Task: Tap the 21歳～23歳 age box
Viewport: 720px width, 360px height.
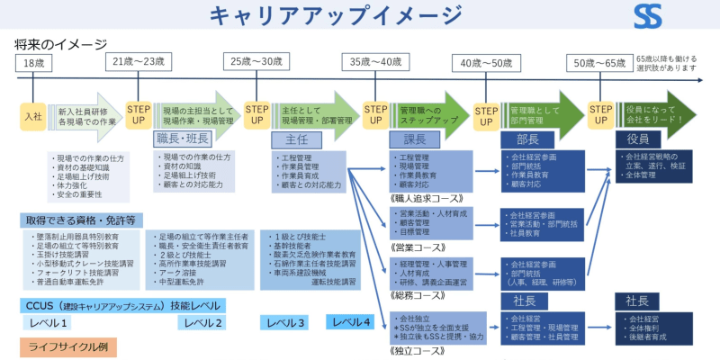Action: (139, 62)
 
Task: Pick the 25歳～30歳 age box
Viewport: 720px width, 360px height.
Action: (256, 62)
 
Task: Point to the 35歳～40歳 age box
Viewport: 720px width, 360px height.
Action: (375, 62)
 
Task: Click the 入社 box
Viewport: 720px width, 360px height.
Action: (33, 116)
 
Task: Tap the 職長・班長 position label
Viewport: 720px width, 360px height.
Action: (183, 139)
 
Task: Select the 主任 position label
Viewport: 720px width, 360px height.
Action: (297, 139)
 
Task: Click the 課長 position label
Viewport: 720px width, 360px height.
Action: (413, 139)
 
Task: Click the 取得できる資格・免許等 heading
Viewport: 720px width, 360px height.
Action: (81, 220)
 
